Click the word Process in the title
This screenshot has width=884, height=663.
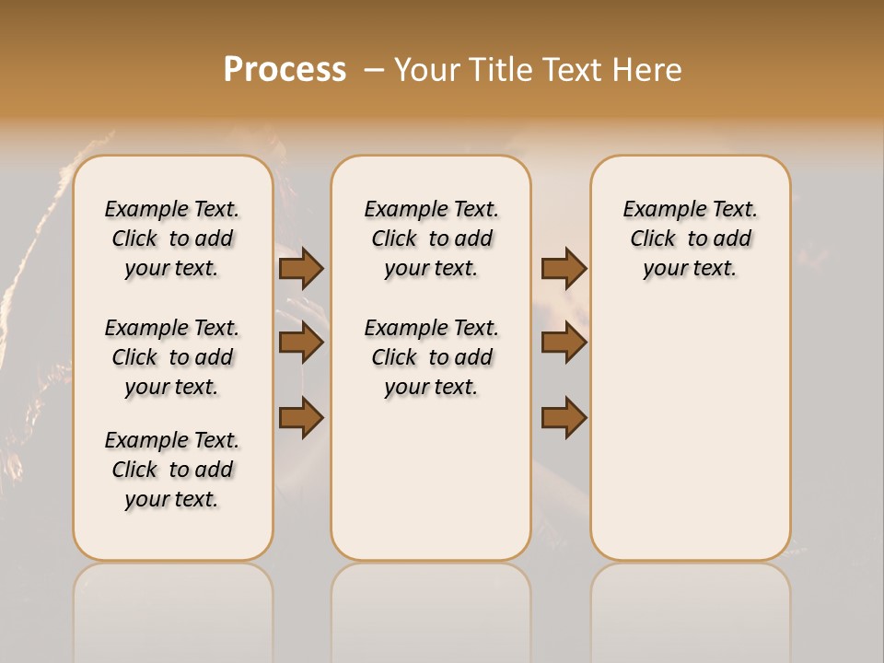coord(285,69)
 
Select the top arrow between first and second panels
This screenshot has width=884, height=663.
coord(301,268)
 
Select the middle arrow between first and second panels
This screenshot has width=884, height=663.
coord(301,343)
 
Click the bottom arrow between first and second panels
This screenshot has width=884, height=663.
coord(301,417)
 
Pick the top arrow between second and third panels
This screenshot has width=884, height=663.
coord(564,268)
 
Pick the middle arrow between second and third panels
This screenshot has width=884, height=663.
coord(564,343)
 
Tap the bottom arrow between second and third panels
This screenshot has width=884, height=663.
coord(564,417)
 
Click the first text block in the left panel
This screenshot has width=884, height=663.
coord(172,238)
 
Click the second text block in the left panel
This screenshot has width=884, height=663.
coord(172,357)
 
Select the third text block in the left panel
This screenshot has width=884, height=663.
coord(172,470)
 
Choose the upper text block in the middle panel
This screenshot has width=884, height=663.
coord(431,238)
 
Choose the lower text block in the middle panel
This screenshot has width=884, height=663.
coord(431,357)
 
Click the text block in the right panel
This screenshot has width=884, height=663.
coord(690,238)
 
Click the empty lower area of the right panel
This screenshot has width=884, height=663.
coord(690,442)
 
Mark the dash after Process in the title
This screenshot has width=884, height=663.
coord(373,70)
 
